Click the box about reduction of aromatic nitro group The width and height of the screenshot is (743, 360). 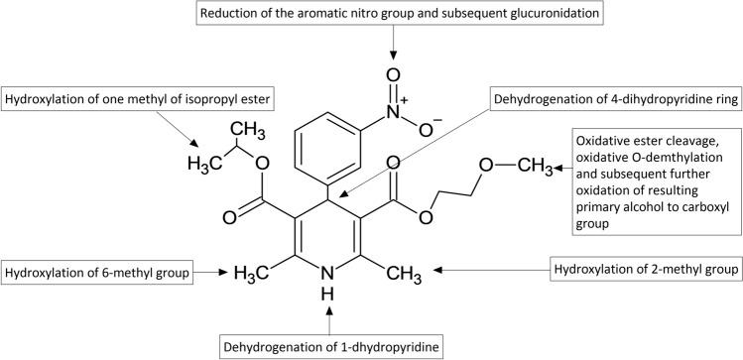click(x=394, y=15)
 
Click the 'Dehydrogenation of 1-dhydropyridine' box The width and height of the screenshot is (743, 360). click(x=330, y=345)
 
